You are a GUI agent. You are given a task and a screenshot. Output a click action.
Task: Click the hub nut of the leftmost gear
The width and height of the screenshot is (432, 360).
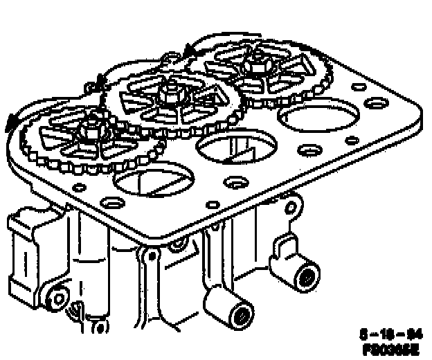(x=89, y=128)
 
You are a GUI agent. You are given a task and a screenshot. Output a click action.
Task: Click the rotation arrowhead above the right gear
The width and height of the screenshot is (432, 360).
(x=189, y=50)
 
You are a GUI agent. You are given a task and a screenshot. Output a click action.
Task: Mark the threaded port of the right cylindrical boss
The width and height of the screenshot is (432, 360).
(x=305, y=279)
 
